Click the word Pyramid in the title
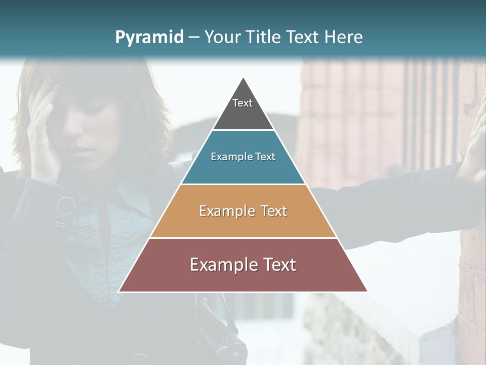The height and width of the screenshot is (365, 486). click(149, 38)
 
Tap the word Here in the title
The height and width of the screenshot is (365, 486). click(344, 37)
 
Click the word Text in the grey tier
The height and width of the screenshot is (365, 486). click(242, 103)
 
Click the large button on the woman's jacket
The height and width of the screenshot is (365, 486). click(66, 205)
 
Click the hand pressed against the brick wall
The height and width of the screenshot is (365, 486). click(473, 152)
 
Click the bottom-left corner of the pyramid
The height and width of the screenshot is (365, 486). click(119, 291)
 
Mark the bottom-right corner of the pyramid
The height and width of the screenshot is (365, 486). click(368, 291)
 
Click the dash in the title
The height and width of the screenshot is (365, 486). click(193, 38)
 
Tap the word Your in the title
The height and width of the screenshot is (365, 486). click(222, 37)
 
